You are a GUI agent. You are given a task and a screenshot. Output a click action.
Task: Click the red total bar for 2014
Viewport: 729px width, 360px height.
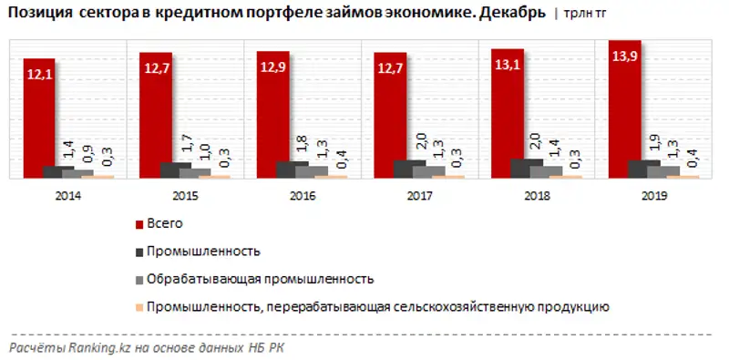click(41, 118)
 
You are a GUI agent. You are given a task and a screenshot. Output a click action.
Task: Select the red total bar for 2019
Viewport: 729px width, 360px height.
click(624, 109)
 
